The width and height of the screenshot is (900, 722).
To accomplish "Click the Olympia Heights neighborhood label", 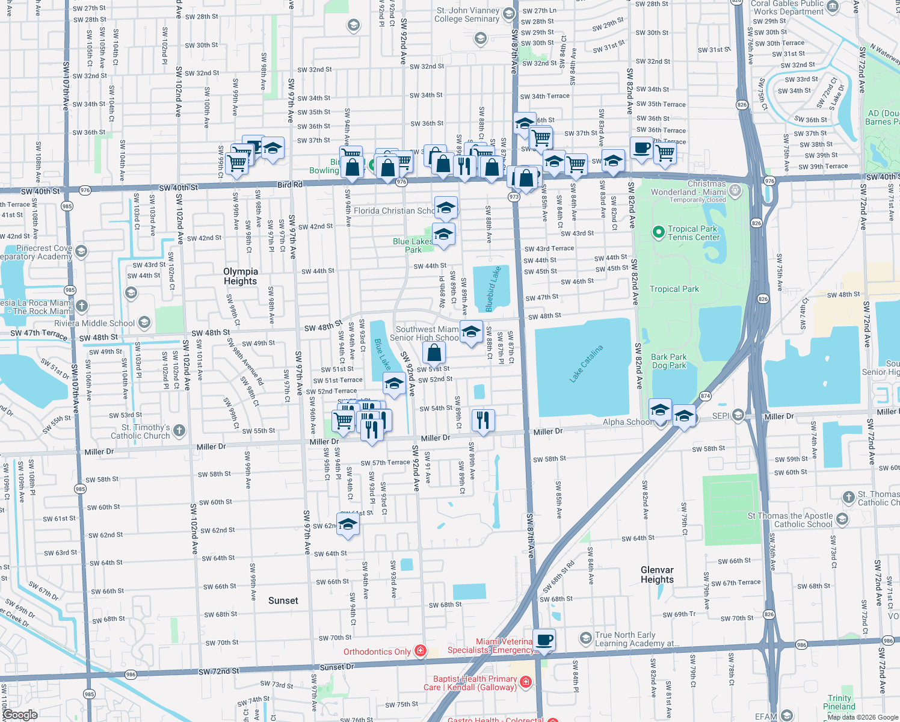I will (240, 276).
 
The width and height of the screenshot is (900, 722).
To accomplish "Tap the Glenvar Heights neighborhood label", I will (657, 575).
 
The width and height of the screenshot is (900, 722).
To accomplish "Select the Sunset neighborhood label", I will (283, 600).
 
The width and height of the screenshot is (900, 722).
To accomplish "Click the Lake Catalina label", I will (586, 363).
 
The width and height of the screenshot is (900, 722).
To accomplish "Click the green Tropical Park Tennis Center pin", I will (658, 232).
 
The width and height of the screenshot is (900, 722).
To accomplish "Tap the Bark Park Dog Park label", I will (668, 361).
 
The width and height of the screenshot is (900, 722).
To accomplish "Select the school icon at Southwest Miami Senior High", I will (471, 332).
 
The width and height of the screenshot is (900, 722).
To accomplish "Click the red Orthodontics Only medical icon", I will (421, 651).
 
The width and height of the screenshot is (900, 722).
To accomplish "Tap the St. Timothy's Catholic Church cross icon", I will (179, 431).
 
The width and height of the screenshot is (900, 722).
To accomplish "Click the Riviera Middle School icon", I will (144, 322).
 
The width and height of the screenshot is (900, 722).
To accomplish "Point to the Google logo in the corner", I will (20, 715).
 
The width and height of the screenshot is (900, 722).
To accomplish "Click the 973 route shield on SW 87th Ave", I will (513, 197).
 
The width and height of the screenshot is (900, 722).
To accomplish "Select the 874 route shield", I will (706, 396).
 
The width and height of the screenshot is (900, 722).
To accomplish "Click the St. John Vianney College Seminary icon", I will (508, 14).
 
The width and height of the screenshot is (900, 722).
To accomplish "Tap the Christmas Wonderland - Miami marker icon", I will (735, 191).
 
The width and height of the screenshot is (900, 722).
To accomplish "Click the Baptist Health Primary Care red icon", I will (526, 682).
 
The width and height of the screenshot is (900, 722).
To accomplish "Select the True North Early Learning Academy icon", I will (585, 638).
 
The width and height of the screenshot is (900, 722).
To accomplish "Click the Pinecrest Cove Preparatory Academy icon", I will (82, 251).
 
